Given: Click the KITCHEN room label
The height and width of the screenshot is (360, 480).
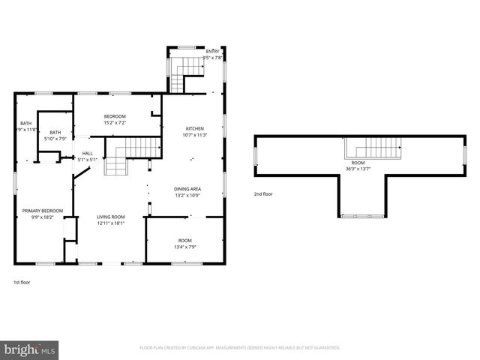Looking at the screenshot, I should (195, 128).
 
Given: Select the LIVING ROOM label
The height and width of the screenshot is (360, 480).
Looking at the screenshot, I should (110, 217).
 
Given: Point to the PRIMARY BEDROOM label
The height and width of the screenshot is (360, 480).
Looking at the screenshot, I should (37, 211).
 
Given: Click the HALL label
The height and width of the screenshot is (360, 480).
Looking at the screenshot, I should (88, 153).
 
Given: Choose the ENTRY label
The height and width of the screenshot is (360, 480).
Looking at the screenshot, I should (213, 51).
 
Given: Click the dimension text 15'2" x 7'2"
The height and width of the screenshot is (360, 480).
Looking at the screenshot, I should (115, 123).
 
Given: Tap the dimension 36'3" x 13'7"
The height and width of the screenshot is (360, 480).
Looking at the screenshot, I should (358, 169).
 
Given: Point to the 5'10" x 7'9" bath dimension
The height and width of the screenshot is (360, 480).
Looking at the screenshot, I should (55, 138).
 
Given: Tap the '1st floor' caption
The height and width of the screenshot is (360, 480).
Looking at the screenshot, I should (22, 282).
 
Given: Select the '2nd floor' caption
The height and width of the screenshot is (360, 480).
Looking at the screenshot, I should (263, 193).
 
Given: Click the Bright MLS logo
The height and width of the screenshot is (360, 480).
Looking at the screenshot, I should (30, 349).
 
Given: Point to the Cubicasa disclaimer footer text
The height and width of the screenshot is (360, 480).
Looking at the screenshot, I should (240, 348).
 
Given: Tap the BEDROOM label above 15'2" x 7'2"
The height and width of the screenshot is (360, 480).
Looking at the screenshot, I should (115, 116).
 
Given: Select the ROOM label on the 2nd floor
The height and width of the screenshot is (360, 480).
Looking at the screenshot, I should (358, 163).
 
